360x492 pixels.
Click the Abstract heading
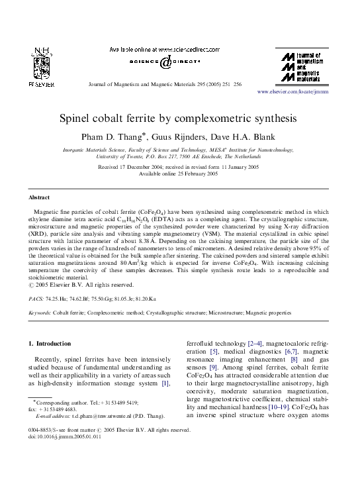coord(40,197)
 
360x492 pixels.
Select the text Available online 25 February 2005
coord(180,175)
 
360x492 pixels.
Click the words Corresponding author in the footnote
coord(57,402)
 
